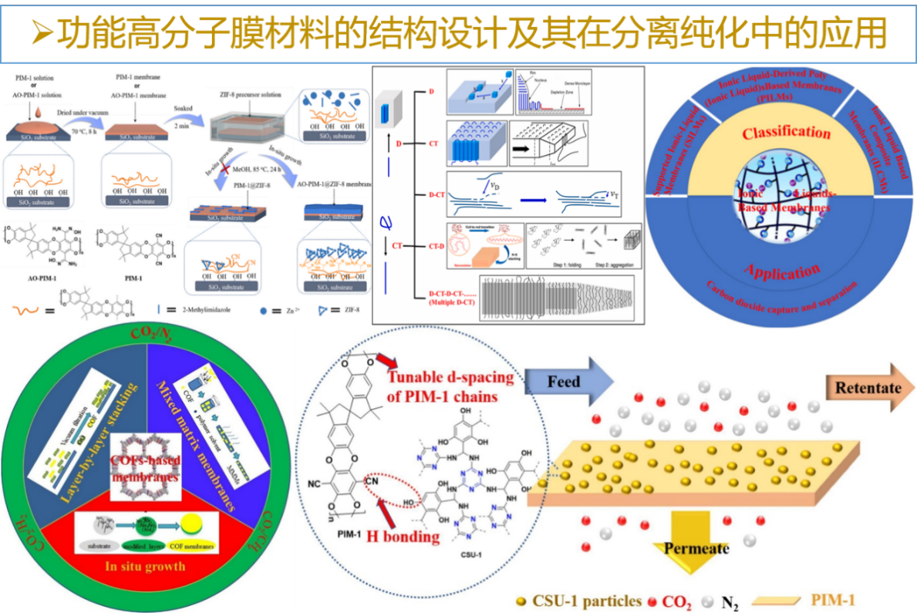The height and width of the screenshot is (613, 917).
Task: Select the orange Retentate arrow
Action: [x=867, y=387]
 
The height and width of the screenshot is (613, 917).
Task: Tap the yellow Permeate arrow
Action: [x=692, y=547]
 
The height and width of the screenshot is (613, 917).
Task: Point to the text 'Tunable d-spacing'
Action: [x=451, y=377]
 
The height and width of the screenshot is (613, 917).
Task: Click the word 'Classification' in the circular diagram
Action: [x=786, y=133]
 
